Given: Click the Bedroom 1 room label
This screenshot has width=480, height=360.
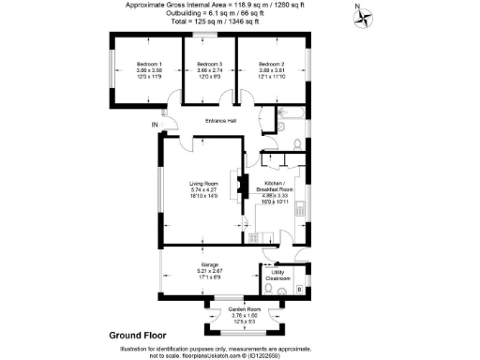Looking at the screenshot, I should pyautogui.click(x=149, y=63).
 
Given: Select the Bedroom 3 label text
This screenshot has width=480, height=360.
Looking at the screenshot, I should pyautogui.click(x=209, y=63).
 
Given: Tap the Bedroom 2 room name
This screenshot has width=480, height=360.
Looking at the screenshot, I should pyautogui.click(x=271, y=63).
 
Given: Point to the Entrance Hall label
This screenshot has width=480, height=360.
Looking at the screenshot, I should pyautogui.click(x=221, y=121).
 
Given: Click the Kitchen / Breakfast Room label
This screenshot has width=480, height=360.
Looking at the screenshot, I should pyautogui.click(x=279, y=187).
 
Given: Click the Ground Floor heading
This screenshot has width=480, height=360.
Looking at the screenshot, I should pyautogui.click(x=138, y=335).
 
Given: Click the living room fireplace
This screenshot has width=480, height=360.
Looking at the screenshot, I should pyautogui.click(x=240, y=183).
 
